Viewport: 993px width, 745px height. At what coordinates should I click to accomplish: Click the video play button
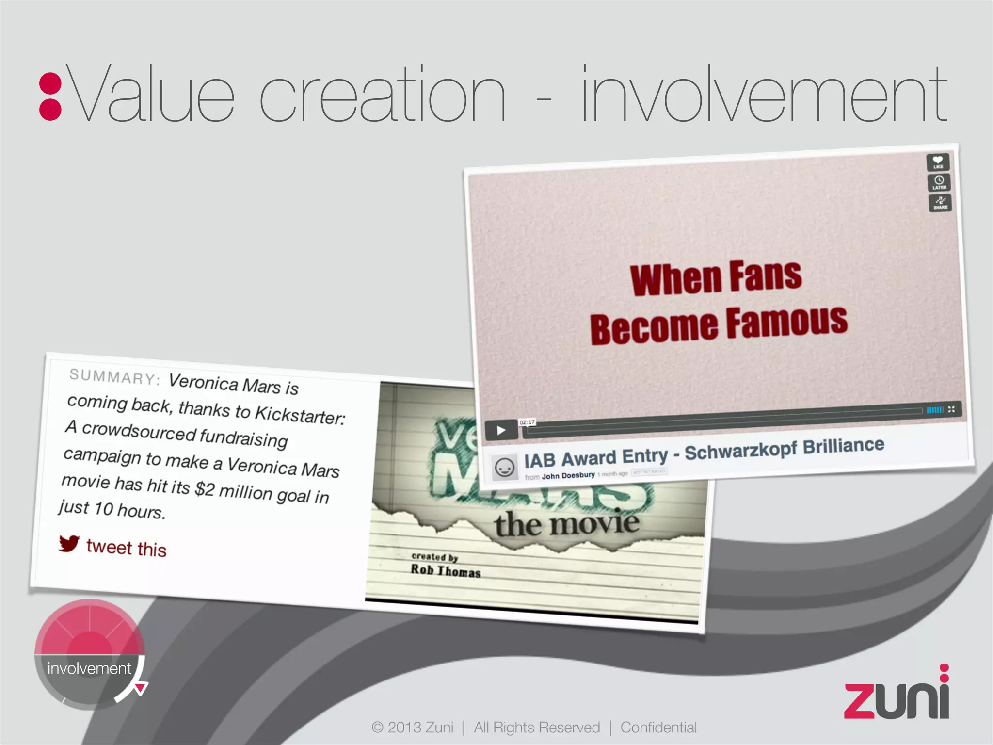[501, 430]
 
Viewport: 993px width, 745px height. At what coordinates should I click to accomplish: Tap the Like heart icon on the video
[938, 162]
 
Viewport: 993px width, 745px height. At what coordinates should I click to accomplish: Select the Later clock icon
[939, 182]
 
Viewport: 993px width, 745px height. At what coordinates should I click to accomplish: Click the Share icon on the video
[940, 202]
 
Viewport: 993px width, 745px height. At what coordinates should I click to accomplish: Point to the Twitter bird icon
[69, 543]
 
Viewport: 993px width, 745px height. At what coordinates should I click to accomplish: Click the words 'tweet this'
[126, 548]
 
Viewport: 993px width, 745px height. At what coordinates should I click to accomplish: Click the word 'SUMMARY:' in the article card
[114, 377]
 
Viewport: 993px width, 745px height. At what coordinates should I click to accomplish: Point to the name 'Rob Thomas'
[446, 571]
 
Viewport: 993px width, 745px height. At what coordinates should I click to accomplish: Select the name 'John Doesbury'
[568, 476]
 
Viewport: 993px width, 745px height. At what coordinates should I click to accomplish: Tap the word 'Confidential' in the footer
[658, 728]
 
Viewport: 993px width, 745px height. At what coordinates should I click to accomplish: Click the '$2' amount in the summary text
[204, 488]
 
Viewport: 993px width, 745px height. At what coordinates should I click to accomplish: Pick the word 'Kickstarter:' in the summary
[300, 414]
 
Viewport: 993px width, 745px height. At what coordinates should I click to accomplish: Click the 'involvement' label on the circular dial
[89, 668]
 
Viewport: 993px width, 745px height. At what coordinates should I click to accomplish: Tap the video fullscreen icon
[951, 409]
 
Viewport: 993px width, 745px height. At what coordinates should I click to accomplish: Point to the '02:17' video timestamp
[527, 422]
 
